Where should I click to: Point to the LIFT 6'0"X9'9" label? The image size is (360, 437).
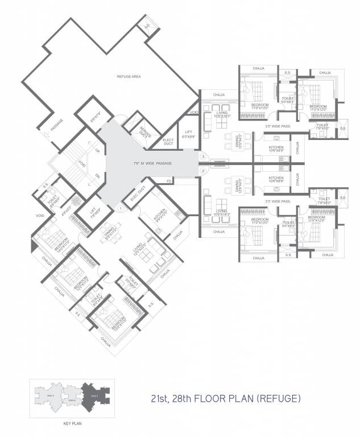coord(187,134)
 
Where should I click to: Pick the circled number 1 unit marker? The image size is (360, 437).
coord(120,208)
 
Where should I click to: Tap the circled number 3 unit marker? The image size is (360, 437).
coord(202,156)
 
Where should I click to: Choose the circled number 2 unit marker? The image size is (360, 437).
coord(202,171)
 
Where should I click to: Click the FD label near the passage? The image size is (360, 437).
coord(169,182)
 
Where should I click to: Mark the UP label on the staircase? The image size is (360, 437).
coord(97,151)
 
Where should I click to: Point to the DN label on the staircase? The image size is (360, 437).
coord(97,175)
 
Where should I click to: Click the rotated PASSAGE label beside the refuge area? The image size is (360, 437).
coord(56,125)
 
